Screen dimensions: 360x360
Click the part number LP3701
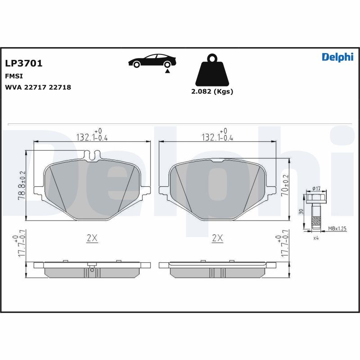click(x=23, y=63)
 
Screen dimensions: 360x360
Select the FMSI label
click(x=13, y=76)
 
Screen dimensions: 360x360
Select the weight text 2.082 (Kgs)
click(x=212, y=91)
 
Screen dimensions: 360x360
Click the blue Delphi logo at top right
click(x=337, y=57)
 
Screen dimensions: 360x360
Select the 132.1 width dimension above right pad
click(x=217, y=137)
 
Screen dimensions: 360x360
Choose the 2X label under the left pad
click(x=92, y=238)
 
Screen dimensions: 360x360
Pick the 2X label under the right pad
click(x=217, y=238)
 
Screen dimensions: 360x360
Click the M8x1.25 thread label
click(x=337, y=229)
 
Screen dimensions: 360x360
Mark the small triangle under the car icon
click(x=167, y=71)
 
